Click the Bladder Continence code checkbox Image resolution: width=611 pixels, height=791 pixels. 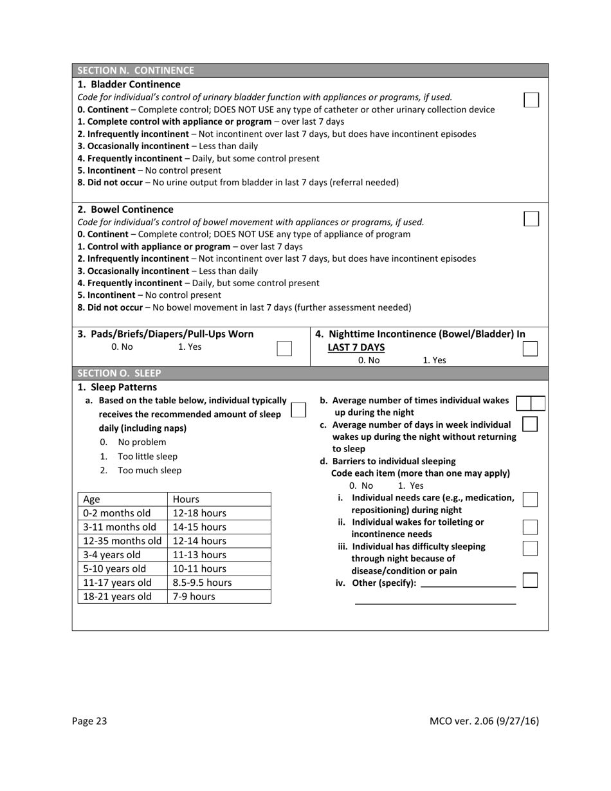(531, 100)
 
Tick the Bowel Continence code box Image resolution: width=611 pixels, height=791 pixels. (531, 219)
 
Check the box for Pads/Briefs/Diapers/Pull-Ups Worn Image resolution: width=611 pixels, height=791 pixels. (284, 348)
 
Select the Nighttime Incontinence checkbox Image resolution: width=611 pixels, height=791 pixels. (531, 348)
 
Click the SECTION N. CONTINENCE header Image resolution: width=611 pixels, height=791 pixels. (136, 70)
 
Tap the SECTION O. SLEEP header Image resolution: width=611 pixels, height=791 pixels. (119, 373)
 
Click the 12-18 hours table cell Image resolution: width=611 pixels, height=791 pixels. (199, 513)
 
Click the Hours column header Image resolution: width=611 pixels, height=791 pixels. (186, 499)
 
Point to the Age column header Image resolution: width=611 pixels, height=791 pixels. (91, 499)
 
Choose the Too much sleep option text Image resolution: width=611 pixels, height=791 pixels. (149, 470)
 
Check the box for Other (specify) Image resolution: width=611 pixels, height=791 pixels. (531, 580)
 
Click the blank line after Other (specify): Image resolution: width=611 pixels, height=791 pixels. (468, 586)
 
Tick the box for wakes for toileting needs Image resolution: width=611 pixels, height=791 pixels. (531, 527)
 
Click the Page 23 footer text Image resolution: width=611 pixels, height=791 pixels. (89, 721)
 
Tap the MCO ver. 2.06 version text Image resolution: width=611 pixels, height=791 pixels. (484, 721)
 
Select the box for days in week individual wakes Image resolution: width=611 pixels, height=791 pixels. (531, 424)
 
